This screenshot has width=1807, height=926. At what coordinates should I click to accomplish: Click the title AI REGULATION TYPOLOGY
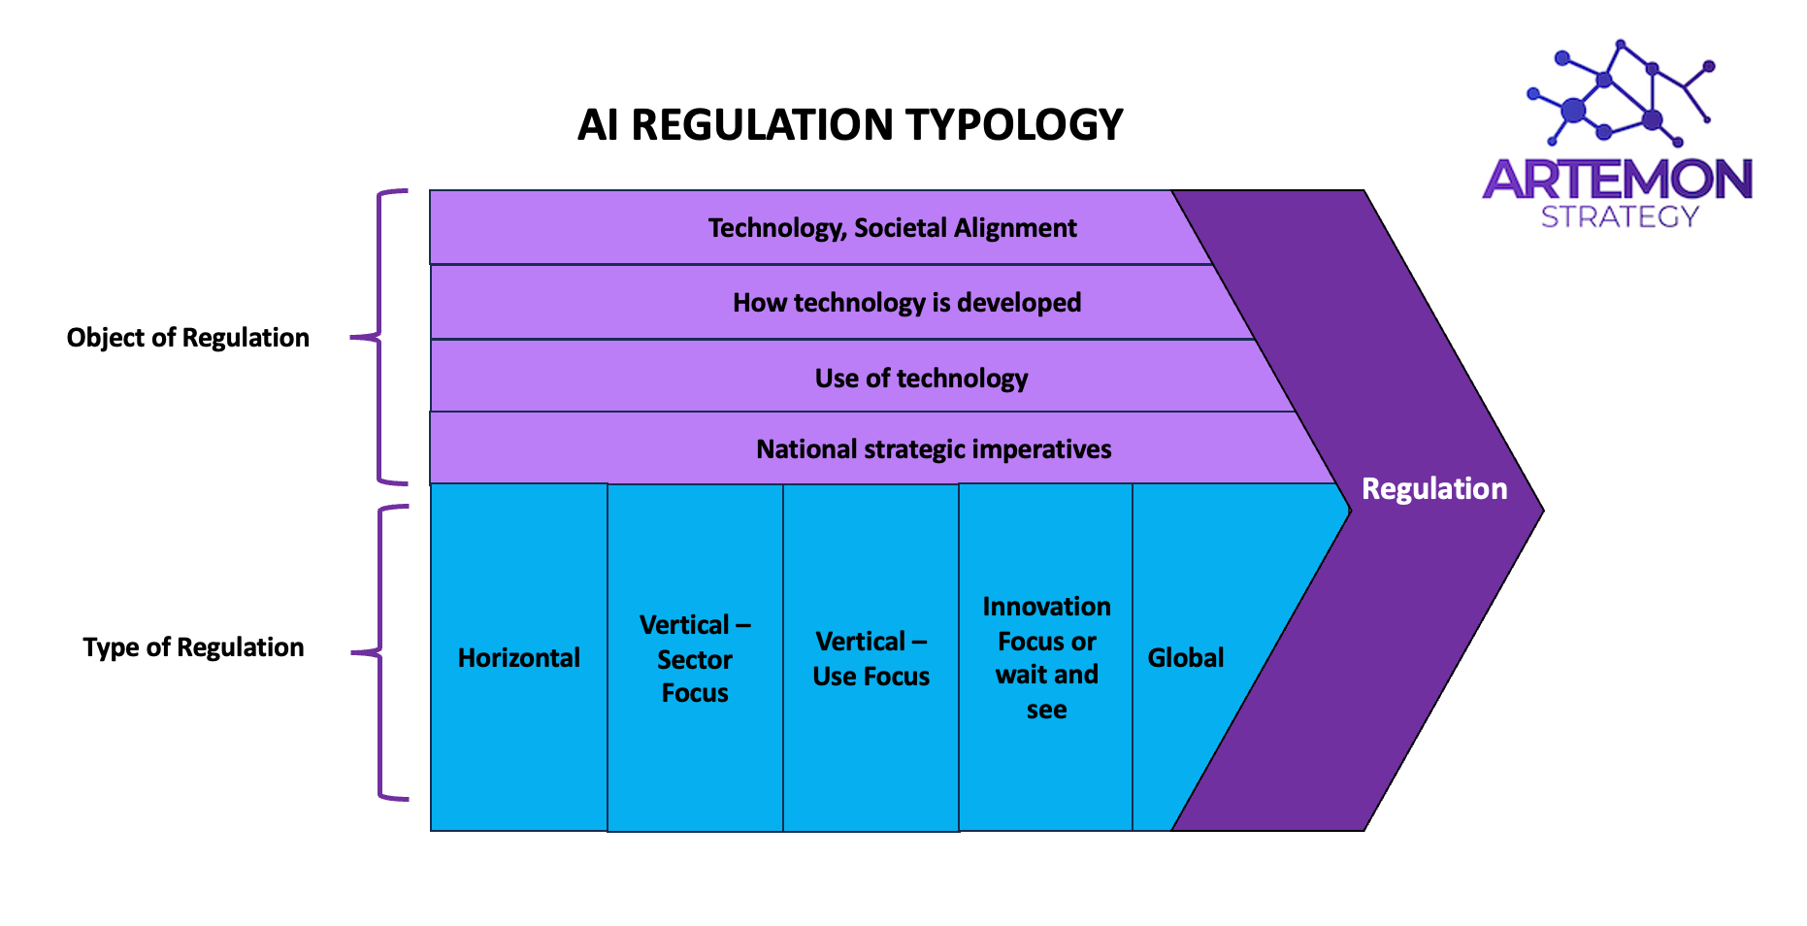click(850, 125)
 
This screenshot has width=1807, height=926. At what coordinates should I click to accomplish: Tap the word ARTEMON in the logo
click(1618, 180)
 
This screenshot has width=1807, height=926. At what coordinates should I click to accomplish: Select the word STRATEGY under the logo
click(1620, 216)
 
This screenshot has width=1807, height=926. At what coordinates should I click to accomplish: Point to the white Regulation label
click(1434, 488)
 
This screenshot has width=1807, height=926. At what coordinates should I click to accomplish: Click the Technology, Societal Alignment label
click(892, 228)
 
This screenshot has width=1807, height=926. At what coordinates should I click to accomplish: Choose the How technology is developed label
click(906, 303)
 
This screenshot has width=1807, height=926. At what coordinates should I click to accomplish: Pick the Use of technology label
click(921, 378)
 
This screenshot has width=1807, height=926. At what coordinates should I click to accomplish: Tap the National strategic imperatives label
click(934, 449)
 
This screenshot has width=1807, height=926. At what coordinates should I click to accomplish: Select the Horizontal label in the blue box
click(519, 658)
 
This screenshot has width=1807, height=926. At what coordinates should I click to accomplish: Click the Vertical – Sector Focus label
click(695, 659)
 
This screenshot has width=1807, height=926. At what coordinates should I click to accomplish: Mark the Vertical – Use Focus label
click(871, 659)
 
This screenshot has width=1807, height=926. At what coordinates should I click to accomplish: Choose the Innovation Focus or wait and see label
click(1046, 658)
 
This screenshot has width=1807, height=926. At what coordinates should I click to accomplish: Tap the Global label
click(1186, 658)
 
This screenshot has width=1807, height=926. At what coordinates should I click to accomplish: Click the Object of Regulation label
click(188, 338)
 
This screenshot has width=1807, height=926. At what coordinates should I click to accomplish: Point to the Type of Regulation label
click(193, 647)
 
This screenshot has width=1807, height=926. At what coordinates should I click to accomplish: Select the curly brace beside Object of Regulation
click(379, 337)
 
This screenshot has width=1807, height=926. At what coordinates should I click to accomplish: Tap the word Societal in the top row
click(901, 228)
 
